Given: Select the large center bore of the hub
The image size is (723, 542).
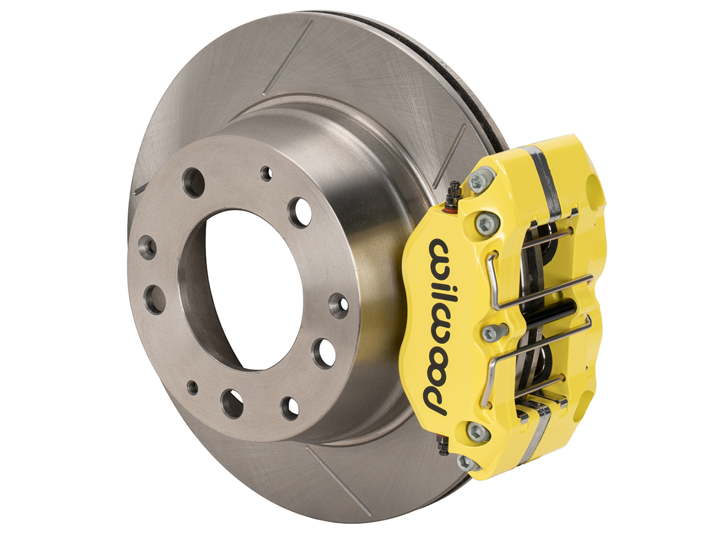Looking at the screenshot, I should [x=253, y=289].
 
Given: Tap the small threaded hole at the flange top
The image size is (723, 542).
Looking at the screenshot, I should [x=266, y=173].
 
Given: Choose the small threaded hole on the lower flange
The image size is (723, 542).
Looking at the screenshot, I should [x=193, y=387].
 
